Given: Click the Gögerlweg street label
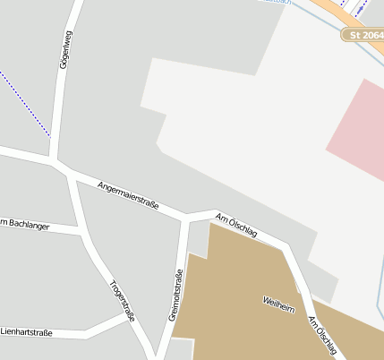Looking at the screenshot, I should (x=64, y=52).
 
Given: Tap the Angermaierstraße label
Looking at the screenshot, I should (x=128, y=193).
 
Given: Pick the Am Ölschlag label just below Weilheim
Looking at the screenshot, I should (x=325, y=337).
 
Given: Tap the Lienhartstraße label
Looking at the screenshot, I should (x=26, y=333).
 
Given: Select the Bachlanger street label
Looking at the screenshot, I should (x=18, y=223).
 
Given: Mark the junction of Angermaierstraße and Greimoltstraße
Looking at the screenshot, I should (x=185, y=216).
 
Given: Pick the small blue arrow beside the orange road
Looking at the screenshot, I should (x=361, y=8).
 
